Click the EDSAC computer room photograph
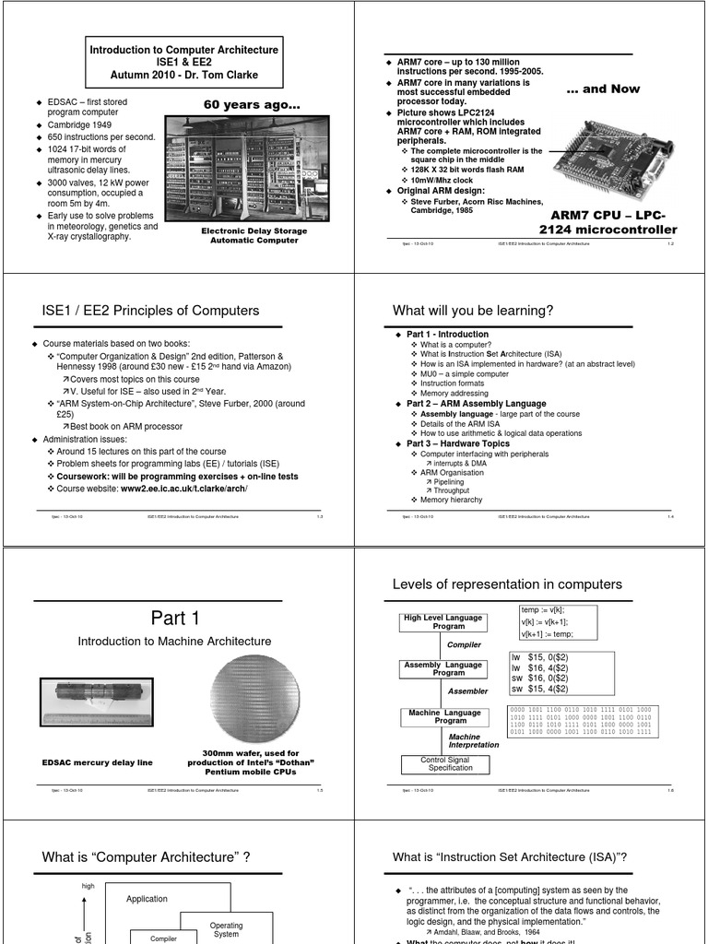(x=249, y=170)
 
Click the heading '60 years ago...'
(x=250, y=106)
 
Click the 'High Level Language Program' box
(x=442, y=622)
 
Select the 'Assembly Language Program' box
(x=442, y=668)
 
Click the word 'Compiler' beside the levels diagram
(x=465, y=645)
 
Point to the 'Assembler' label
(x=467, y=690)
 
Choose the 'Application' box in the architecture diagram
(x=147, y=899)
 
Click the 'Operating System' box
(x=226, y=929)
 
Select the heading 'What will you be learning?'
(x=473, y=311)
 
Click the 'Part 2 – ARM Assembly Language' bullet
(x=476, y=404)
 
